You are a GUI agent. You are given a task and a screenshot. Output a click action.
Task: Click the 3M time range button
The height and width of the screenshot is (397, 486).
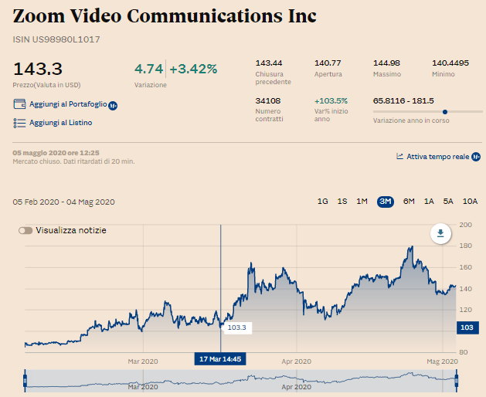(386, 202)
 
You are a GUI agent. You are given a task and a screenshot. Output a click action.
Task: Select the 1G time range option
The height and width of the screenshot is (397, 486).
(323, 202)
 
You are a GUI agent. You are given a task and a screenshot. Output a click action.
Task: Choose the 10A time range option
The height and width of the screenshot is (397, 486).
(470, 202)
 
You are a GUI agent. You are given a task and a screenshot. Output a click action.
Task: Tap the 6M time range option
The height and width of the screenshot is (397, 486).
(409, 202)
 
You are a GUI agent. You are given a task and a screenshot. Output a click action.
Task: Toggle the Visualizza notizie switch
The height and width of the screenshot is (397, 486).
(26, 230)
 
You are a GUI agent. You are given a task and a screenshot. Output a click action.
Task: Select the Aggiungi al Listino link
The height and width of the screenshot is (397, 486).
(60, 123)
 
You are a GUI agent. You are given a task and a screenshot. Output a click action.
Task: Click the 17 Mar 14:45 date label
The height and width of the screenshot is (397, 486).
(221, 359)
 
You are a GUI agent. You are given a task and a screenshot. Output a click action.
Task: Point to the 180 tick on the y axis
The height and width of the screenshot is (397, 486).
(466, 246)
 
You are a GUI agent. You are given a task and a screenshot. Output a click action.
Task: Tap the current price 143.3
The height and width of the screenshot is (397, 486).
(38, 69)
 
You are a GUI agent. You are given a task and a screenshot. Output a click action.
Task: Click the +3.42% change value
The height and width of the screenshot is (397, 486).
(193, 69)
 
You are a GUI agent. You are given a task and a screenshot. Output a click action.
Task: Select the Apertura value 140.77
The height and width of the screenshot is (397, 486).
(328, 63)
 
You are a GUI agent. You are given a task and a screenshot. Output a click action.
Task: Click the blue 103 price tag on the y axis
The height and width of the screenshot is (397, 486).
(466, 328)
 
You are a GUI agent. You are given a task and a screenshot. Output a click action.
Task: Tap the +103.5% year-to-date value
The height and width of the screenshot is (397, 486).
(331, 100)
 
